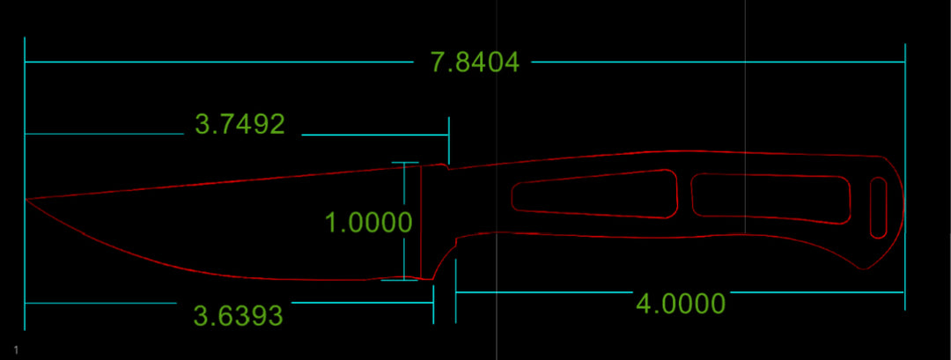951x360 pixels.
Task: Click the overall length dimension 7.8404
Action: point(475,62)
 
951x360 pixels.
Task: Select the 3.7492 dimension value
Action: point(240,124)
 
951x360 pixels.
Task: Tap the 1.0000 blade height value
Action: point(369,223)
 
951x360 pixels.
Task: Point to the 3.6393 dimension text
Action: point(239,316)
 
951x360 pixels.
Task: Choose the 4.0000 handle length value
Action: point(681,303)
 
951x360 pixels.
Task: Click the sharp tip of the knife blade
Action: point(25,199)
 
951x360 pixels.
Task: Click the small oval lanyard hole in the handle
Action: point(878,208)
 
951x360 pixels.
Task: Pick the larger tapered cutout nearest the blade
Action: point(594,193)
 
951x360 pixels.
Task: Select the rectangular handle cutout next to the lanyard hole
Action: point(770,199)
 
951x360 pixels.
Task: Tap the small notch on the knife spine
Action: point(448,166)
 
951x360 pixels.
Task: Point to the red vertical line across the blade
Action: point(421,222)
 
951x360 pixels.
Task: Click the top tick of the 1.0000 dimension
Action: point(404,163)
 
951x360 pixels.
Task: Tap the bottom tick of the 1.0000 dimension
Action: point(399,280)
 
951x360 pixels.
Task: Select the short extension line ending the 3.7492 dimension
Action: point(448,137)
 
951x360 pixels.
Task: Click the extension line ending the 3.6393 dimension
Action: point(433,305)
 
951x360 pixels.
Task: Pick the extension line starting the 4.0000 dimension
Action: point(455,291)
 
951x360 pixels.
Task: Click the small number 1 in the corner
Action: point(17,349)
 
